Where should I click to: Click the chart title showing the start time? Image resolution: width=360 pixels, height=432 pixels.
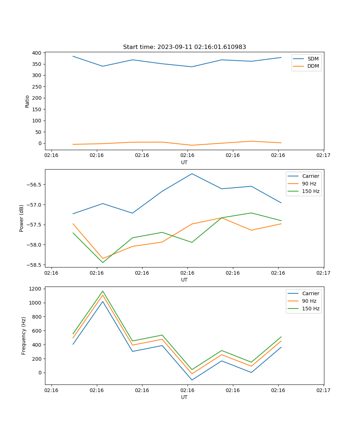(184, 47)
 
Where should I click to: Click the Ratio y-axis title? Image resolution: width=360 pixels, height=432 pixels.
(27, 101)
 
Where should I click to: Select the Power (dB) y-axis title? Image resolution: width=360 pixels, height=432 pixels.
(22, 218)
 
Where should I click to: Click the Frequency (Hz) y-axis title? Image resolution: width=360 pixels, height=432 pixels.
(24, 336)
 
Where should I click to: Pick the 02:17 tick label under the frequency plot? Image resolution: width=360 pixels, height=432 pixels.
(323, 390)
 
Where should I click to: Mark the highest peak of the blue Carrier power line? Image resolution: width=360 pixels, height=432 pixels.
(192, 174)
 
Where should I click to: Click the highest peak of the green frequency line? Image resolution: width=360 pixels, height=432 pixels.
(103, 291)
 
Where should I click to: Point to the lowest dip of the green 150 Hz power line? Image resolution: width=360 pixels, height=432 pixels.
(103, 262)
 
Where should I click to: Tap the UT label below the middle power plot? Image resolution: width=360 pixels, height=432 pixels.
(184, 280)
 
